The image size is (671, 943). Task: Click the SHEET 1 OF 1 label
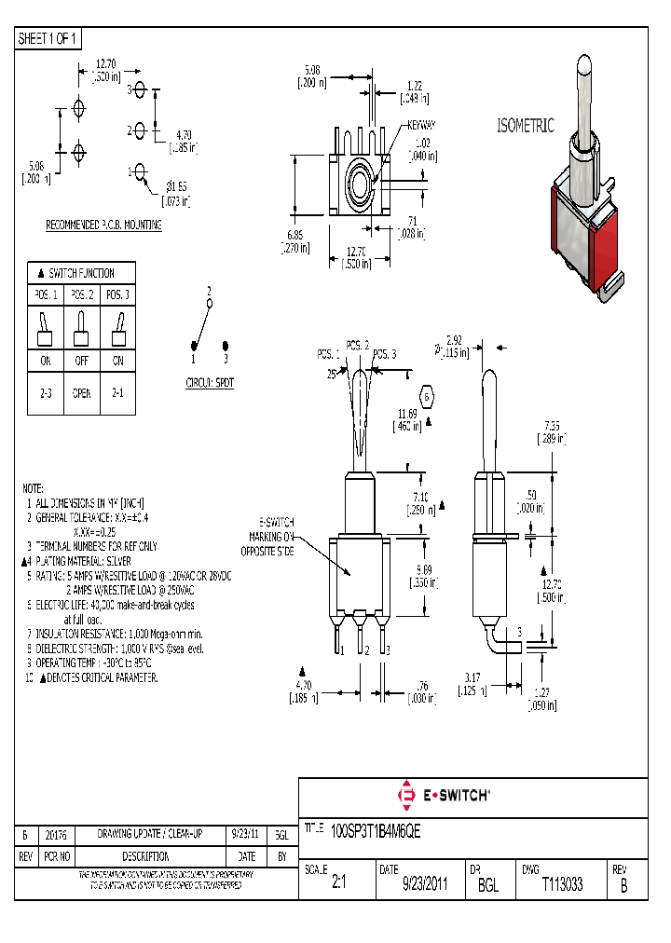pyautogui.click(x=48, y=39)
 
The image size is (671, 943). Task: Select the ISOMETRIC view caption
pyautogui.click(x=526, y=126)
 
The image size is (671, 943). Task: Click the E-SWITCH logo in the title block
pyautogui.click(x=445, y=796)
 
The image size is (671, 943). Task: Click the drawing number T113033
pyautogui.click(x=562, y=885)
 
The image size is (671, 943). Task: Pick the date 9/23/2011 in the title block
pyautogui.click(x=425, y=885)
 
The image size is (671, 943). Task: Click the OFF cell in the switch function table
pyautogui.click(x=81, y=361)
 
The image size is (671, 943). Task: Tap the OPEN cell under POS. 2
pyautogui.click(x=81, y=393)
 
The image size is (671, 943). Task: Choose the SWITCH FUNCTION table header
pyautogui.click(x=81, y=273)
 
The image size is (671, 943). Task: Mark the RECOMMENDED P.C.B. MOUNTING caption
pyautogui.click(x=104, y=225)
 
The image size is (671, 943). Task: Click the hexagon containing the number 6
pyautogui.click(x=428, y=397)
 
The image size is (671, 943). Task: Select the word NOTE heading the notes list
pyautogui.click(x=34, y=488)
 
